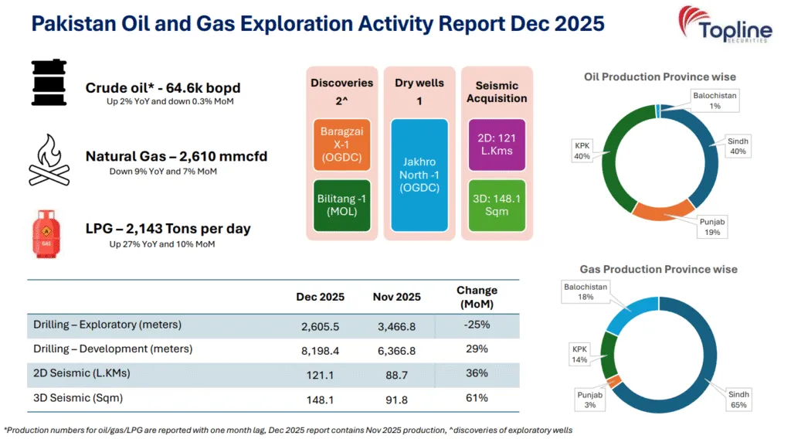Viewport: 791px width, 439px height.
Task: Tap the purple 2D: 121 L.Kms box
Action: pyautogui.click(x=496, y=145)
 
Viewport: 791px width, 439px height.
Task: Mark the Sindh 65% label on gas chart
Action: pyautogui.click(x=740, y=399)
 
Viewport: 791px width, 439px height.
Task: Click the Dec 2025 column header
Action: pyautogui.click(x=320, y=297)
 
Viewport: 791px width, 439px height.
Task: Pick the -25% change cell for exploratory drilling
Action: pyautogui.click(x=477, y=325)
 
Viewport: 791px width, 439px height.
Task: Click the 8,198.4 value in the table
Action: pyautogui.click(x=320, y=349)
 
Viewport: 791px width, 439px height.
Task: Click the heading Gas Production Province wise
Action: pyautogui.click(x=658, y=269)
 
